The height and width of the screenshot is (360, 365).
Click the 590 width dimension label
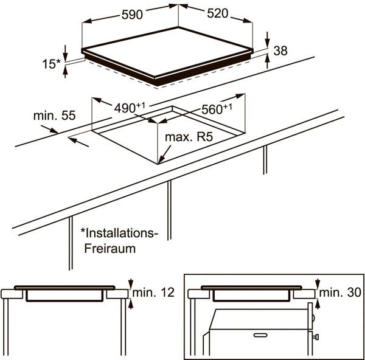pyautogui.click(x=132, y=15)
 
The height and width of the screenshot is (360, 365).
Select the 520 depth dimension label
pyautogui.click(x=218, y=13)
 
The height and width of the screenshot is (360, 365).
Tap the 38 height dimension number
pyautogui.click(x=280, y=50)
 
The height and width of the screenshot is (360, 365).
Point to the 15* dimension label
pyautogui.click(x=51, y=64)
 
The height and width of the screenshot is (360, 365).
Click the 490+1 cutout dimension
pyautogui.click(x=130, y=108)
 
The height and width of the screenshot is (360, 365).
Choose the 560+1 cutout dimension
pyautogui.click(x=217, y=109)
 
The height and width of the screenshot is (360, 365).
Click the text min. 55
pyautogui.click(x=55, y=116)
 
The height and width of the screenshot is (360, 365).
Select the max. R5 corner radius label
pyautogui.click(x=189, y=137)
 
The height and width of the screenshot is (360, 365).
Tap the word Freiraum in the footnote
pyautogui.click(x=110, y=249)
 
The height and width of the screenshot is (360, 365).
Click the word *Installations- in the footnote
pyautogui.click(x=117, y=233)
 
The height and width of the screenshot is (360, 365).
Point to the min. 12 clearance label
pyautogui.click(x=153, y=292)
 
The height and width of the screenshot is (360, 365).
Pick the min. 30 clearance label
pyautogui.click(x=340, y=292)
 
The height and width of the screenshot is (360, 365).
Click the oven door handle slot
pyautogui.click(x=260, y=335)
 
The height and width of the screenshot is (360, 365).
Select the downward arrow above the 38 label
pyautogui.click(x=267, y=40)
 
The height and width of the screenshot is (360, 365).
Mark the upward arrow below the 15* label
pyautogui.click(x=65, y=72)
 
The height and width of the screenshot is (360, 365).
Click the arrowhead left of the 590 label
pyautogui.click(x=86, y=21)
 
